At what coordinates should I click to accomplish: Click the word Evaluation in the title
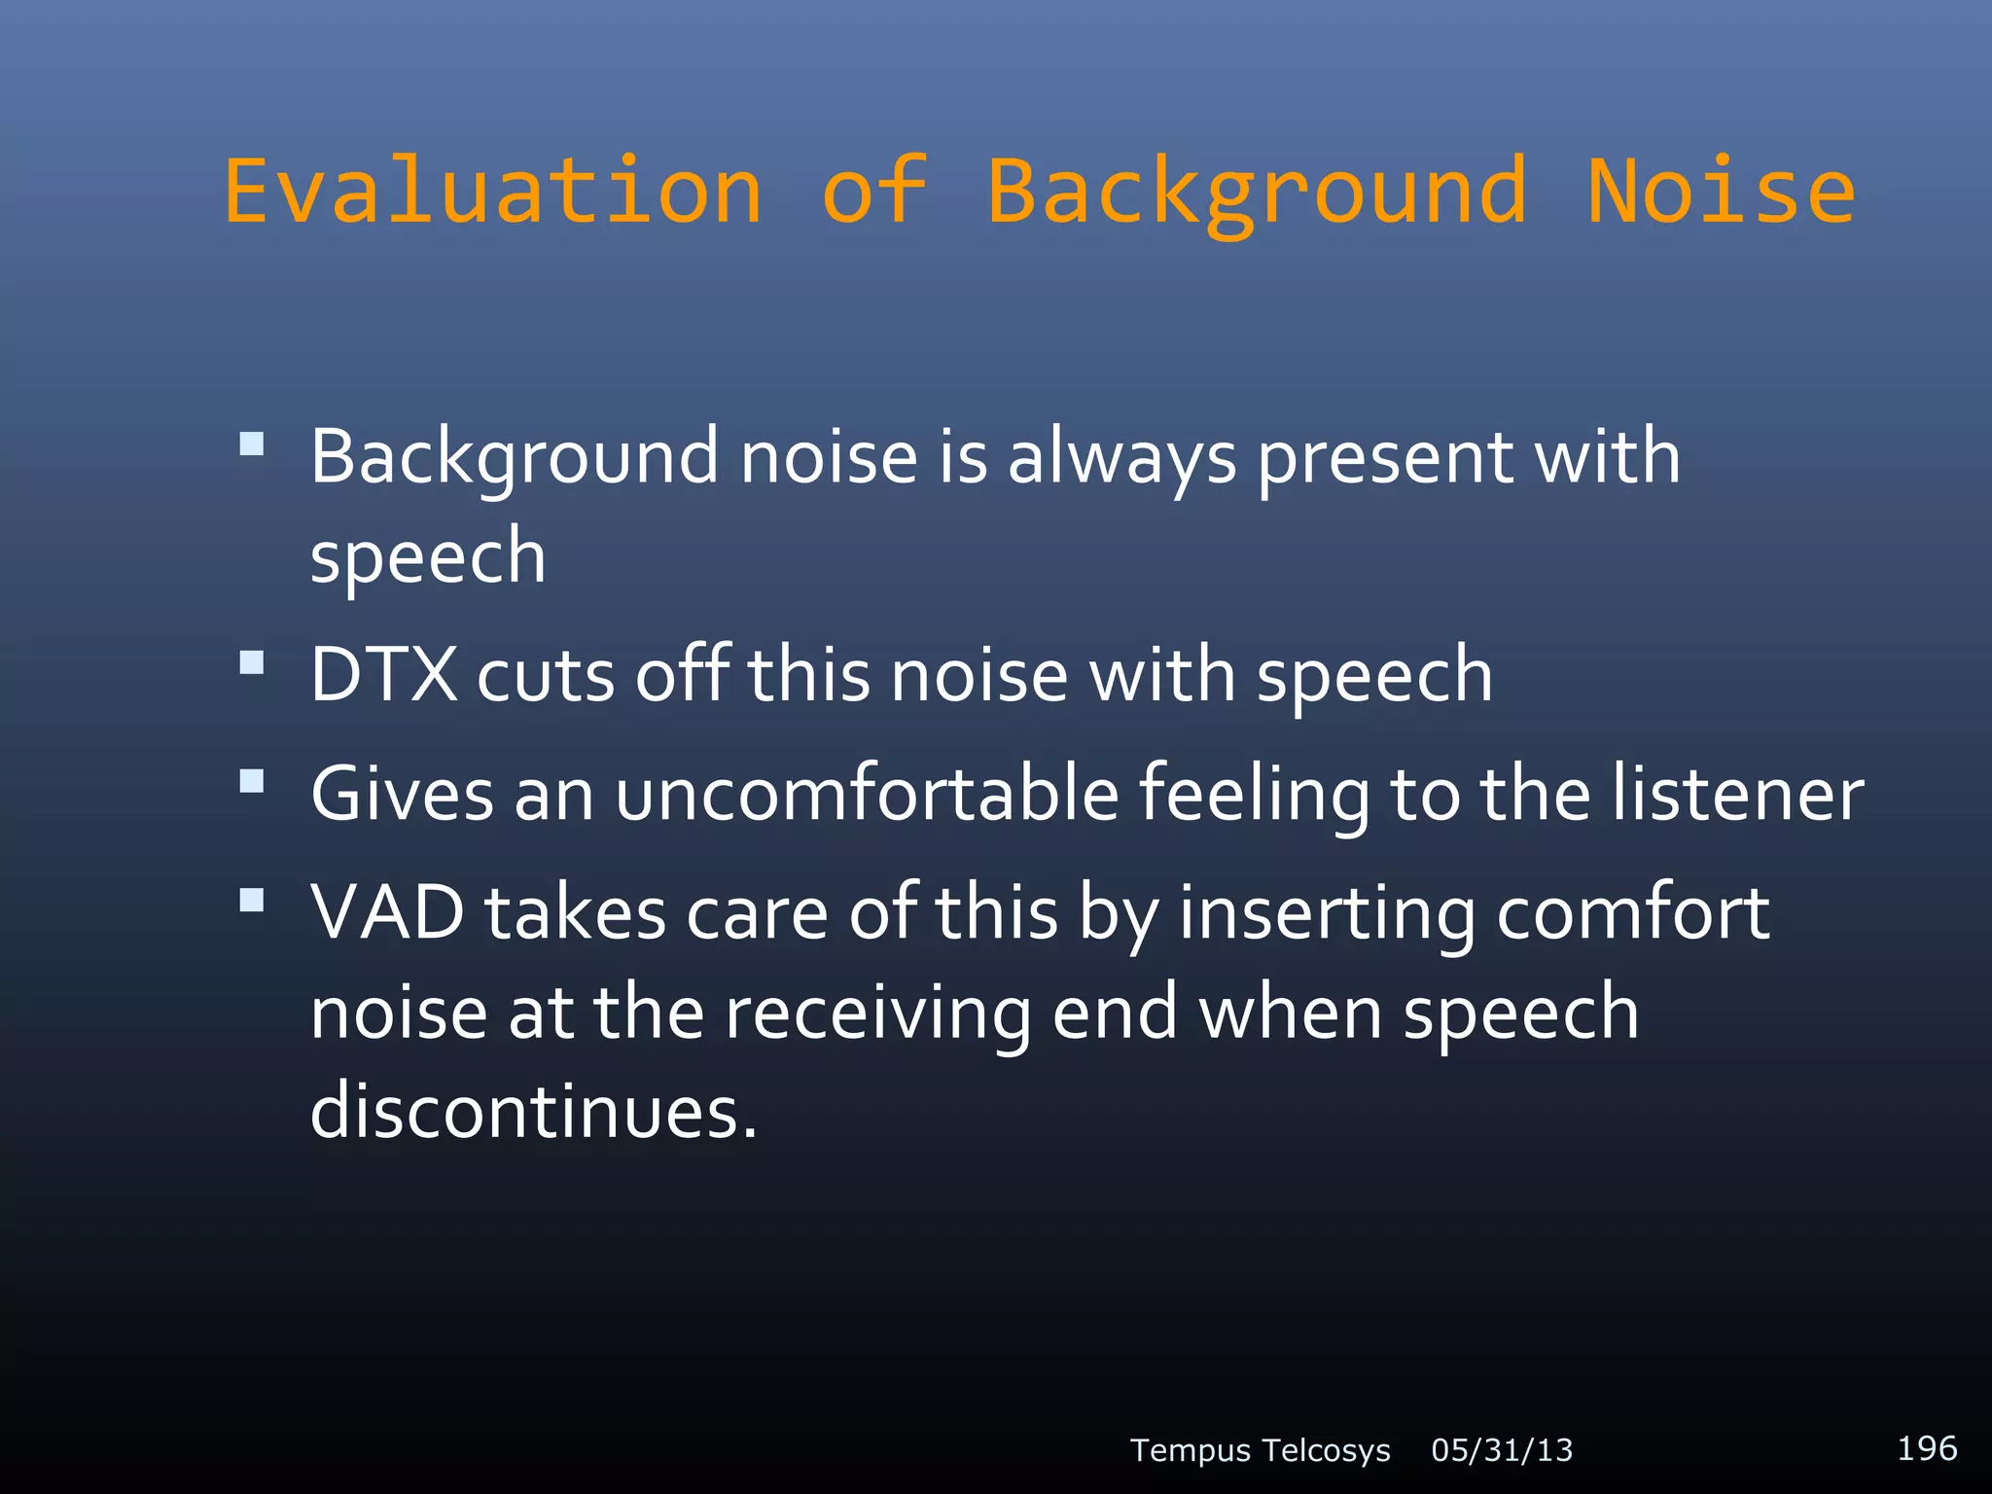(493, 191)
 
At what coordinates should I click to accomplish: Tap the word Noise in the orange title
(1721, 191)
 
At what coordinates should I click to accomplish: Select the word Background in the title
(1256, 195)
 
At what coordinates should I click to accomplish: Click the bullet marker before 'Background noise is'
(252, 445)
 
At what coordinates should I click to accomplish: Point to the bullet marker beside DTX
(252, 663)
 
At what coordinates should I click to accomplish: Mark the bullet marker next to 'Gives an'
(252, 782)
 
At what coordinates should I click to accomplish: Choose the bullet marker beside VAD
(252, 901)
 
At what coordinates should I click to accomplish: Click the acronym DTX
(383, 674)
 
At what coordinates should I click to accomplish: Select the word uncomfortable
(867, 794)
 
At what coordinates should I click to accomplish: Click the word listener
(1737, 794)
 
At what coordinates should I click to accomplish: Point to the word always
(1121, 457)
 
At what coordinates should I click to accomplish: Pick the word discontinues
(533, 1111)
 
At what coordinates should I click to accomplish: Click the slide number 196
(1927, 1448)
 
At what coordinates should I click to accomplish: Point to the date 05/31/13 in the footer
(1502, 1450)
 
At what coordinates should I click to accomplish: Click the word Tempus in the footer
(1190, 1451)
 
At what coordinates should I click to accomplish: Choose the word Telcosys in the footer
(1328, 1450)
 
